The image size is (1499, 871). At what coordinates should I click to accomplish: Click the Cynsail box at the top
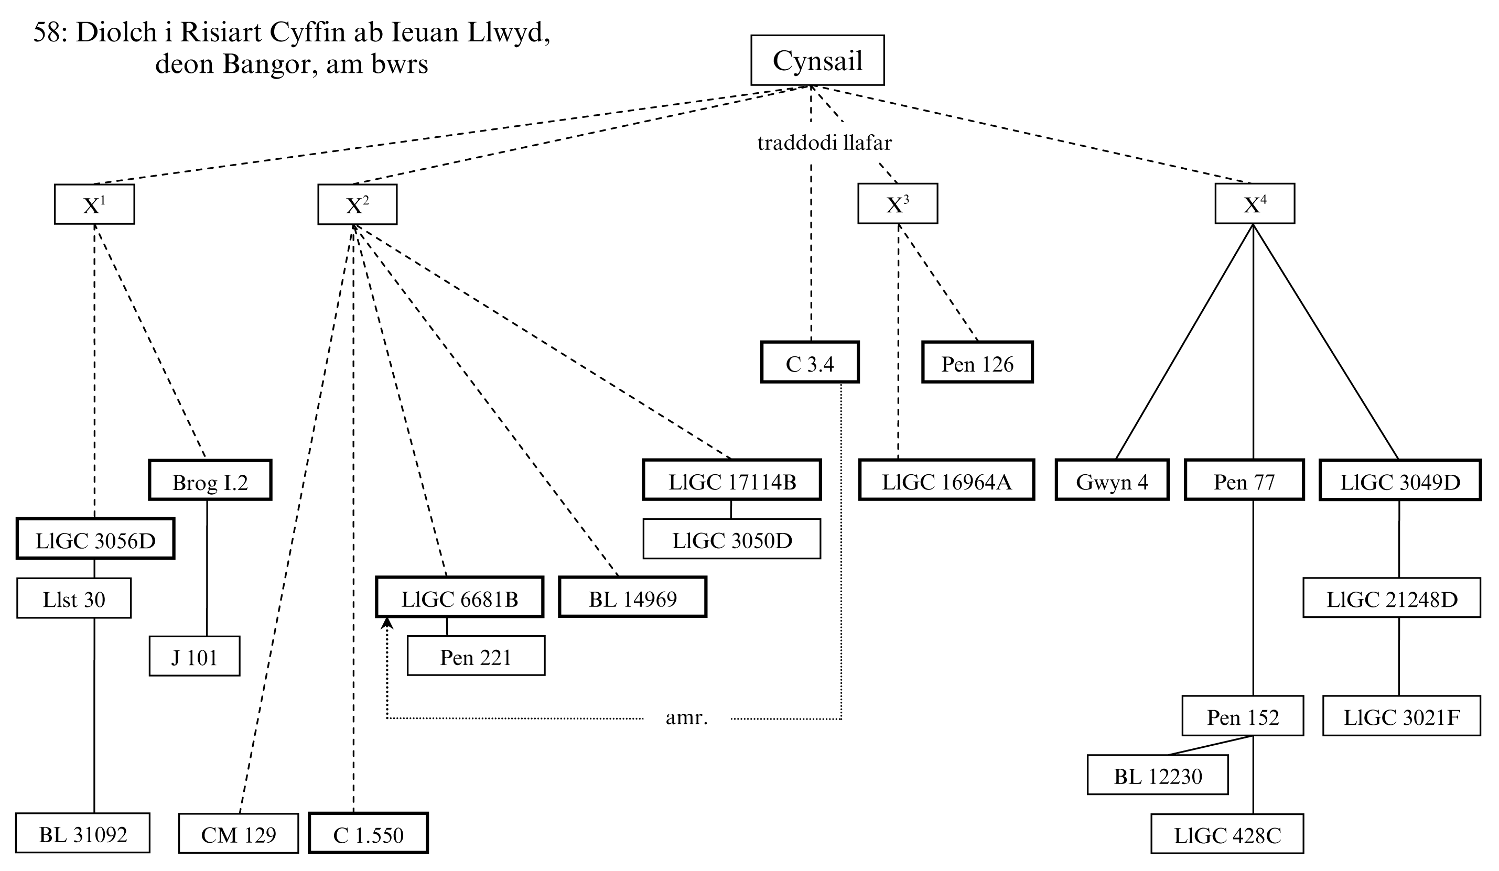pos(817,61)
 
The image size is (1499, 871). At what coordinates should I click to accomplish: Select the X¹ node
pos(94,204)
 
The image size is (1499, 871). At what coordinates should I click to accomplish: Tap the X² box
pos(357,205)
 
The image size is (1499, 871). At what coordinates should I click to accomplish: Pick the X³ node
pos(897,204)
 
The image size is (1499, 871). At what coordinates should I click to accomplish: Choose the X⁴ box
pos(1254,204)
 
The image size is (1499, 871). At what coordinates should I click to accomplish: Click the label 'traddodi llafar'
pos(824,143)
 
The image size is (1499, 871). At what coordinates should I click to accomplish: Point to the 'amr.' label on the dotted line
pos(686,717)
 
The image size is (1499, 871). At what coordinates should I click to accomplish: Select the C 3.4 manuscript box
pos(810,363)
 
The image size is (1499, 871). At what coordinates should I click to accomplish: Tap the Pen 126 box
pos(977,363)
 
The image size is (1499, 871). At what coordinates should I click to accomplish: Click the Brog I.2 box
pos(209,481)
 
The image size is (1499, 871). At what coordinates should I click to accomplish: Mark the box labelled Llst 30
pos(74,598)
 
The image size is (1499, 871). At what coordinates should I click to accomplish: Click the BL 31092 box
pos(83,834)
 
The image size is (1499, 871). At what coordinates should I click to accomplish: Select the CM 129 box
pos(238,834)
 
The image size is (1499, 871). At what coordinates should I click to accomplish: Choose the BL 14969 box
pos(632,597)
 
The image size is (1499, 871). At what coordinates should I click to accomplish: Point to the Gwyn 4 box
pos(1111,481)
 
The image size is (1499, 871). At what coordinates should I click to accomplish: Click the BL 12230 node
pos(1157,775)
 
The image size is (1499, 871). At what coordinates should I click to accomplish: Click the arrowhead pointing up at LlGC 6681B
pos(387,623)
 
